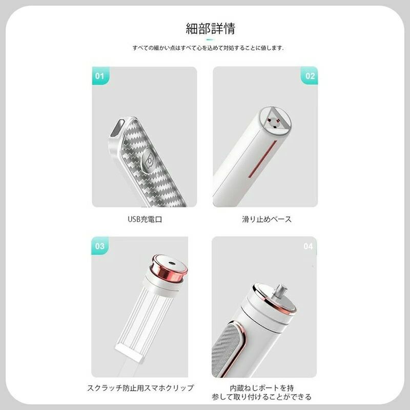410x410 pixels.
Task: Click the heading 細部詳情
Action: [x=210, y=29]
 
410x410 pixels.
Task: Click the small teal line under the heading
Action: [x=210, y=39]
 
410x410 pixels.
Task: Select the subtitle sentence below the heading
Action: [x=208, y=48]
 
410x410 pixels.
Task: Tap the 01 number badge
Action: [x=100, y=76]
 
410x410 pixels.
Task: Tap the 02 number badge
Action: [x=310, y=76]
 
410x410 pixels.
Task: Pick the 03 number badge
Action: [x=100, y=246]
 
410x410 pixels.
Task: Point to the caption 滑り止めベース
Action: [x=266, y=219]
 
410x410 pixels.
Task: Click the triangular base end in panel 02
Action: [x=277, y=121]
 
